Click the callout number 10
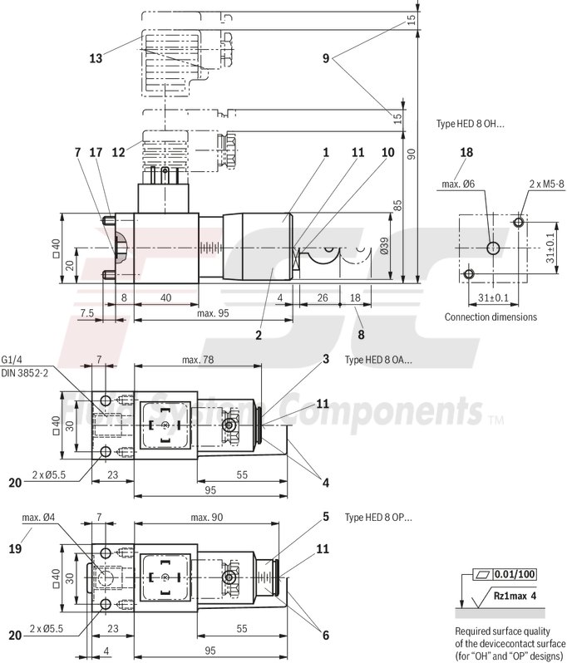(387, 153)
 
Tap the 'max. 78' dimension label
(197, 359)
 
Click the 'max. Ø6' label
(458, 184)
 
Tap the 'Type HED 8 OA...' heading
(378, 360)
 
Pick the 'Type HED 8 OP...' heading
(378, 518)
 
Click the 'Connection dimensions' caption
(491, 317)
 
